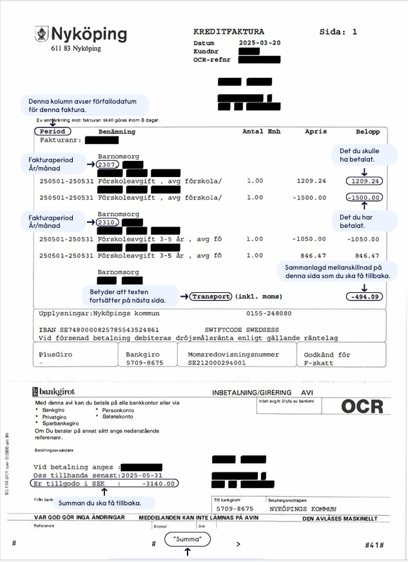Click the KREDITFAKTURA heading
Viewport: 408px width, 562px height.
pos(228,32)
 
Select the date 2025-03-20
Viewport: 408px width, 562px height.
pos(259,42)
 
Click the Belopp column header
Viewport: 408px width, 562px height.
pos(367,131)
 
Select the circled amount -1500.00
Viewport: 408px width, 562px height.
pos(364,198)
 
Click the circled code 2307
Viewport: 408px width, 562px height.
pos(107,165)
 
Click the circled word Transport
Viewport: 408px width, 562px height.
pos(211,297)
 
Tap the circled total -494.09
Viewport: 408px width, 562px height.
pos(364,297)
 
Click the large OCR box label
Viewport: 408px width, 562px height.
pos(362,406)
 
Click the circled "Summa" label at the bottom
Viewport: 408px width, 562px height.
pos(188,539)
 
